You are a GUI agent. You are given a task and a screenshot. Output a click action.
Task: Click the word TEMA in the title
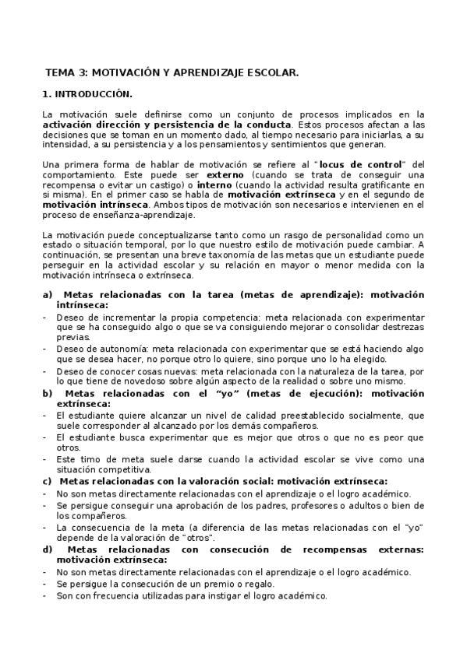point(58,72)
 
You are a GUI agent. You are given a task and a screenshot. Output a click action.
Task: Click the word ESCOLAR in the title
point(271,72)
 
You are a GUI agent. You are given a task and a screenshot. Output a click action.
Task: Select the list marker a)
point(48,296)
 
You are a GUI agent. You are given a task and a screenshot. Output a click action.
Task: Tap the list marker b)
point(48,394)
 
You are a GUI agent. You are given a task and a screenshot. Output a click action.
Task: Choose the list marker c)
point(48,481)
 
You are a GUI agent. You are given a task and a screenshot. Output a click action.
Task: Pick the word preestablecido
point(291,416)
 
